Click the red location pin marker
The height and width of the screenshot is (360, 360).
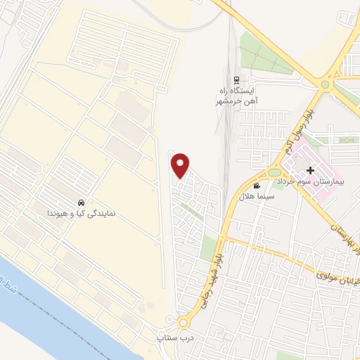click(x=181, y=165)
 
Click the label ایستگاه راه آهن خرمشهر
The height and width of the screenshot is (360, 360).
click(x=237, y=96)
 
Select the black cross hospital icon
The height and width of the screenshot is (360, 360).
click(x=311, y=170)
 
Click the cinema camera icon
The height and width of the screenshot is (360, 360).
click(x=256, y=185)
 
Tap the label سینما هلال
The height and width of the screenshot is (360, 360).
click(x=257, y=195)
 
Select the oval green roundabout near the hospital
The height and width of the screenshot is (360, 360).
click(x=274, y=172)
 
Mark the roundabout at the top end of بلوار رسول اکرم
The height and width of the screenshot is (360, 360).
click(x=325, y=86)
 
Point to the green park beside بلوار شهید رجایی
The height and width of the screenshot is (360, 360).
click(x=209, y=247)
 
